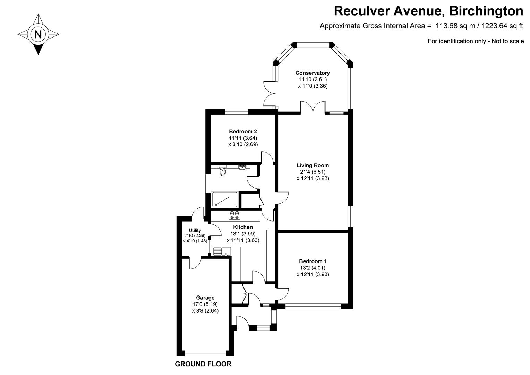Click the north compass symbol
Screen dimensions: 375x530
pyautogui.click(x=38, y=34)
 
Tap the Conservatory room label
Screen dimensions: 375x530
pyautogui.click(x=313, y=73)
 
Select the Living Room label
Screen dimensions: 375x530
pyautogui.click(x=313, y=165)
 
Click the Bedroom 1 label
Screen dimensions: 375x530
pyautogui.click(x=313, y=261)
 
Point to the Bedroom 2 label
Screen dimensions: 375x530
pyautogui.click(x=243, y=131)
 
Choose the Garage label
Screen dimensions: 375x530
pyautogui.click(x=205, y=298)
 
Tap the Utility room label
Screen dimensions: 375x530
pyautogui.click(x=195, y=230)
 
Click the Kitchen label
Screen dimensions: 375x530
pyautogui.click(x=243, y=227)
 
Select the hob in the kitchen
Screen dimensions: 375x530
pyautogui.click(x=234, y=215)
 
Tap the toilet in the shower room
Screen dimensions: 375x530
pyautogui.click(x=223, y=170)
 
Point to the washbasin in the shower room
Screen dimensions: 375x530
pyautogui.click(x=242, y=168)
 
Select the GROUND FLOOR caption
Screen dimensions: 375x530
pyautogui.click(x=203, y=364)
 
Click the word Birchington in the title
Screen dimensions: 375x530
pyautogui.click(x=486, y=11)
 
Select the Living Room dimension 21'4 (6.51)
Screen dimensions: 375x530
pyautogui.click(x=313, y=172)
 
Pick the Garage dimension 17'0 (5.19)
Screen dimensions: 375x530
pyautogui.click(x=205, y=304)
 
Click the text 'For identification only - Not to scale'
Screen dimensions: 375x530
pyautogui.click(x=476, y=41)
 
